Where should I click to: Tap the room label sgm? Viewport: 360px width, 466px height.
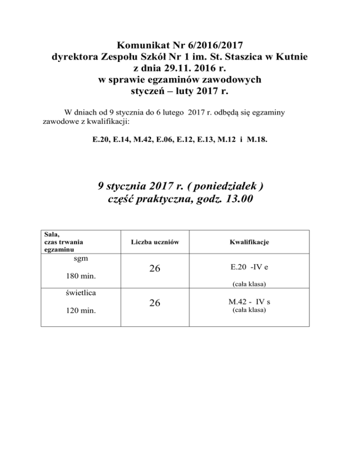pyautogui.click(x=81, y=258)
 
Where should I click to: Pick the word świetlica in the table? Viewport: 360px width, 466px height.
pyautogui.click(x=81, y=293)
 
